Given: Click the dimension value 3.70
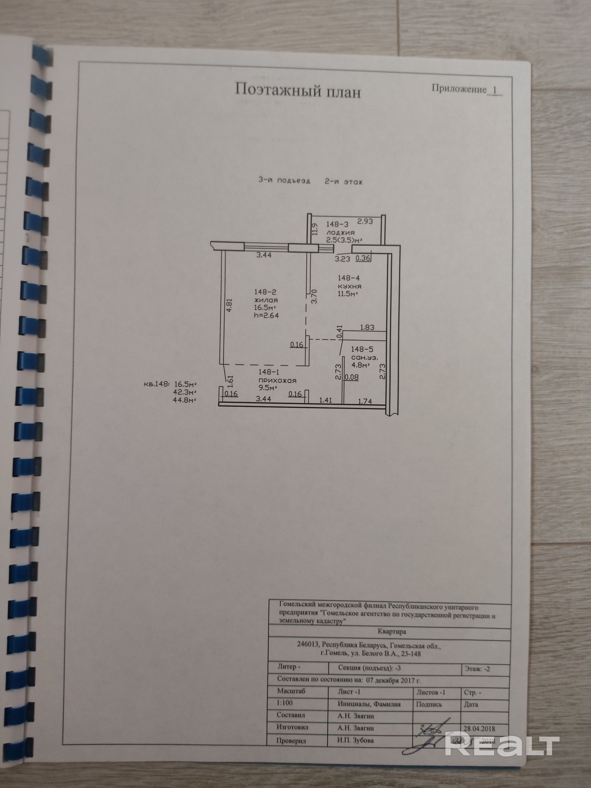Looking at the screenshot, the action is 314,296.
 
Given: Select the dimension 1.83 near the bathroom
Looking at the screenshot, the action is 367,327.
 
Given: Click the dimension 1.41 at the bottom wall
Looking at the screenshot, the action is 326,400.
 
